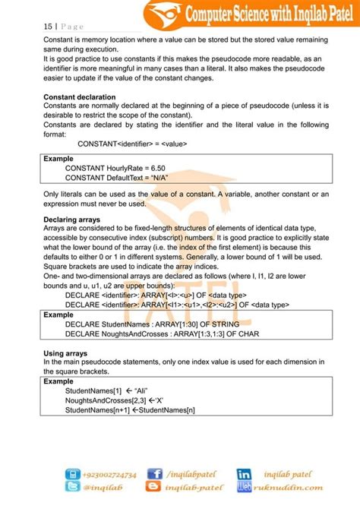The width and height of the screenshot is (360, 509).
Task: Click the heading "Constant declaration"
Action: tap(80, 97)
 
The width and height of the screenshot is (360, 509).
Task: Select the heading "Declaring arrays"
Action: tap(74, 220)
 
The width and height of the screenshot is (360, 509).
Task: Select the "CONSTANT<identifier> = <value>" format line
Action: tap(132, 143)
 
